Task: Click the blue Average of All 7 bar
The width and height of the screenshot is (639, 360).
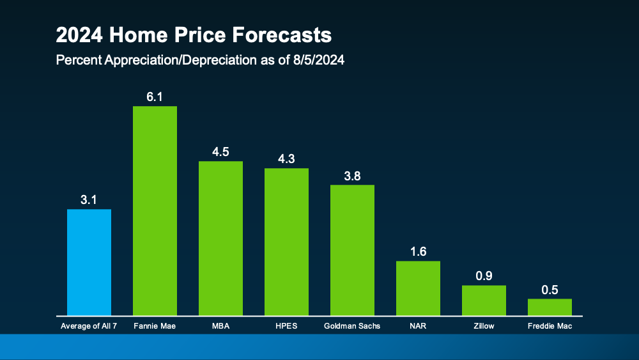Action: (x=89, y=262)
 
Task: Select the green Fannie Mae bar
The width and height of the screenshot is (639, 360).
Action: (x=155, y=211)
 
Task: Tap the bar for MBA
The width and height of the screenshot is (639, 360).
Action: (x=220, y=238)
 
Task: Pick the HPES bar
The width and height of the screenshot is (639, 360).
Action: (x=286, y=242)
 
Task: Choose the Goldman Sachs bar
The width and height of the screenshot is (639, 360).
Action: (x=352, y=250)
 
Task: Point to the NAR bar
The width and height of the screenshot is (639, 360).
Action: (x=418, y=288)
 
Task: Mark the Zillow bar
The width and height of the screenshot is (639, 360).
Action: (x=484, y=300)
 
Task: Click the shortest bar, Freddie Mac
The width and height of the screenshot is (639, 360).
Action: (x=550, y=307)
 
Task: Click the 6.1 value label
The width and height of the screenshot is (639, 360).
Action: (x=155, y=96)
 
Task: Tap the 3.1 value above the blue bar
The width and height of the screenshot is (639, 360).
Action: (x=89, y=200)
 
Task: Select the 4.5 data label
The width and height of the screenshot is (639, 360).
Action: (x=220, y=152)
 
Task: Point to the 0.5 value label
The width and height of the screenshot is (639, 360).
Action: (x=550, y=289)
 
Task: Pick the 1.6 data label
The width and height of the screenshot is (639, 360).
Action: (x=418, y=251)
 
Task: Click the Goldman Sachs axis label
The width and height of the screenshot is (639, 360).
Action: (x=352, y=326)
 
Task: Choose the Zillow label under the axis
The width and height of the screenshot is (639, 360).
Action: (x=484, y=326)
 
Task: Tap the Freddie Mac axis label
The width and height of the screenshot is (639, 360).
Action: (x=550, y=326)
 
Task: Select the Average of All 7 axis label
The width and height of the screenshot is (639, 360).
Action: (x=89, y=326)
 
